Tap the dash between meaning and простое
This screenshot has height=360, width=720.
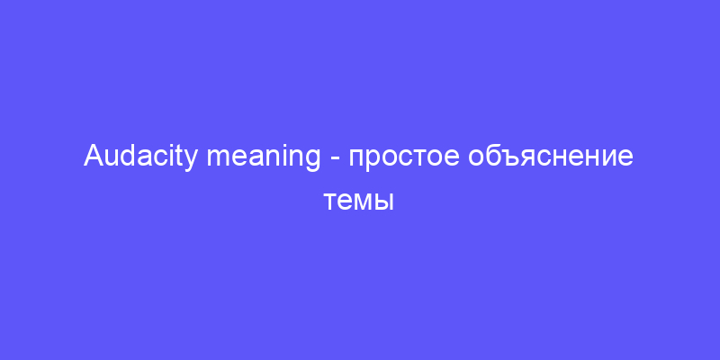335,160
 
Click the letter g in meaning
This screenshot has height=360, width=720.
312,161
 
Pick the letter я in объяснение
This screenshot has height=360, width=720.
519,159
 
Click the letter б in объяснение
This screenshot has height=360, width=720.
489,157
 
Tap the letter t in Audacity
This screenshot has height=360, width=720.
183,157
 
